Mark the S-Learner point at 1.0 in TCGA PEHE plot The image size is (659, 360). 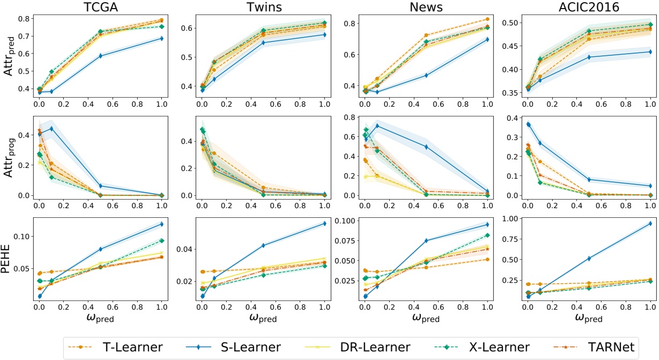(161, 224)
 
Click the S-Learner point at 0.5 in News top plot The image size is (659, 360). (426, 75)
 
